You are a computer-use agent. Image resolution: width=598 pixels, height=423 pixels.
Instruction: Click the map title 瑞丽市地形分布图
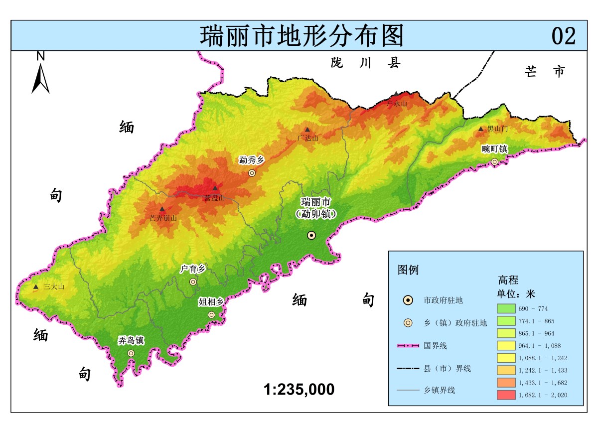click(x=301, y=36)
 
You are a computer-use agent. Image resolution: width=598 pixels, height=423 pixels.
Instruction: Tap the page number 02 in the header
click(x=564, y=36)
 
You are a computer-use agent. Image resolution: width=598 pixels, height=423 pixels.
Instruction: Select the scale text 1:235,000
click(x=299, y=389)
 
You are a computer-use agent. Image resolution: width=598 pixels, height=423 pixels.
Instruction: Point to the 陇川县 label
click(x=366, y=63)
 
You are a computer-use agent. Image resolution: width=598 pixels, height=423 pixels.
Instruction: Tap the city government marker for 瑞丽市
click(x=311, y=235)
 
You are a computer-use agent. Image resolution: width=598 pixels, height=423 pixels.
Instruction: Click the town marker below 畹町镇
click(x=494, y=161)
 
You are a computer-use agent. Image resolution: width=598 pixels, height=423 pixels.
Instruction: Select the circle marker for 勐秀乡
click(x=252, y=173)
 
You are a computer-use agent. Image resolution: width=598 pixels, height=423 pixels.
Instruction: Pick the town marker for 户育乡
click(x=193, y=282)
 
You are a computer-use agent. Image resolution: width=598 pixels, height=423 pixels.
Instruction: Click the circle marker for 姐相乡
click(x=211, y=314)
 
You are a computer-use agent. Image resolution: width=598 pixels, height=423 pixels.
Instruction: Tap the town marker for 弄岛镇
click(x=131, y=353)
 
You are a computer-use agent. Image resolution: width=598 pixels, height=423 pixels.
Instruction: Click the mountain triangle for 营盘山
click(x=215, y=188)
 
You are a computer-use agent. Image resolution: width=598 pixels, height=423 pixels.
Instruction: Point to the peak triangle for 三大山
click(x=36, y=287)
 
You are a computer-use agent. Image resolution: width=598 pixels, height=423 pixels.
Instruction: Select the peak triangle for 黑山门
click(x=481, y=129)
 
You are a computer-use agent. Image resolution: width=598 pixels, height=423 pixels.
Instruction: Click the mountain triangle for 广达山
click(x=307, y=130)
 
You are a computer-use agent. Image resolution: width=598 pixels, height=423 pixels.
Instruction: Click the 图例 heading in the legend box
click(x=408, y=270)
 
